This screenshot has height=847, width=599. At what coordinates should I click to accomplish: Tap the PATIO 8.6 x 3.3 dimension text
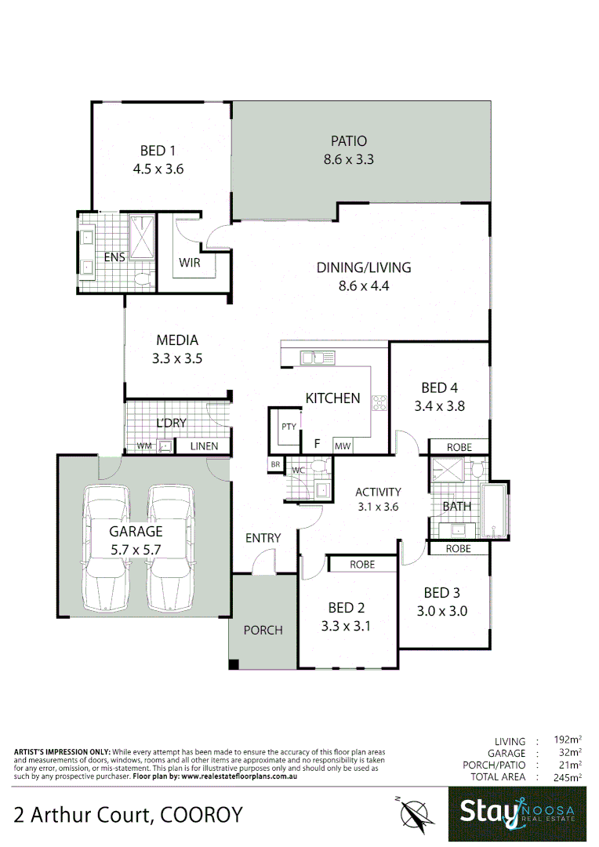tap(348, 159)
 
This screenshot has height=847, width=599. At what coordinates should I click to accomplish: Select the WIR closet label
tap(189, 263)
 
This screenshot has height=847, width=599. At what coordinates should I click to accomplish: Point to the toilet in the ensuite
tap(143, 279)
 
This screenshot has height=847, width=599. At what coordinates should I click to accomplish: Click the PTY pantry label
tap(289, 427)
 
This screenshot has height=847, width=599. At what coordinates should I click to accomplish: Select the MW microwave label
tap(343, 446)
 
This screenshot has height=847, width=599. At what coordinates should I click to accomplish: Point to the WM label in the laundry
tap(144, 446)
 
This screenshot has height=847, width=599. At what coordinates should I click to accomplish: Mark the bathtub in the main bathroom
tap(494, 510)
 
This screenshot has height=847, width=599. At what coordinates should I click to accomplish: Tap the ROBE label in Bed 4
tap(459, 447)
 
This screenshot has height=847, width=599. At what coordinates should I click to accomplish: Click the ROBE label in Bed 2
tap(361, 564)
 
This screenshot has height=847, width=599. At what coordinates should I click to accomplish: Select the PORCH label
tap(263, 630)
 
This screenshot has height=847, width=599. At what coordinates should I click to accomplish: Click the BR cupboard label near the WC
tap(275, 464)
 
